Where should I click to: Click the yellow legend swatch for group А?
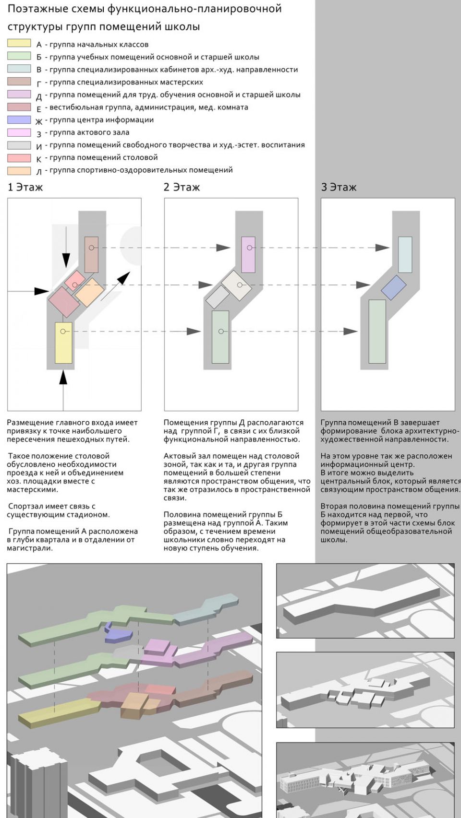click(19, 44)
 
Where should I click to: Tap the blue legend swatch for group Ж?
click(19, 119)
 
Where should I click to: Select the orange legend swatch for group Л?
click(19, 170)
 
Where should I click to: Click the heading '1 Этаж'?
click(25, 187)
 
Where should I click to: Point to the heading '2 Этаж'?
click(182, 187)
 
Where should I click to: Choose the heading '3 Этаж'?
click(339, 187)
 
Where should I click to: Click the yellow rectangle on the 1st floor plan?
click(63, 343)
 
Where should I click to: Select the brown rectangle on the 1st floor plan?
click(91, 254)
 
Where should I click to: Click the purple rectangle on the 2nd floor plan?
click(248, 254)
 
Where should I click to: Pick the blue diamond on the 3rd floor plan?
click(394, 287)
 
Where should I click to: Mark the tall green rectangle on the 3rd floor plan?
click(377, 331)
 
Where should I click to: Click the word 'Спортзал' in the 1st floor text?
click(24, 506)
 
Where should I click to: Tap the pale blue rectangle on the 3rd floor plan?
click(405, 254)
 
